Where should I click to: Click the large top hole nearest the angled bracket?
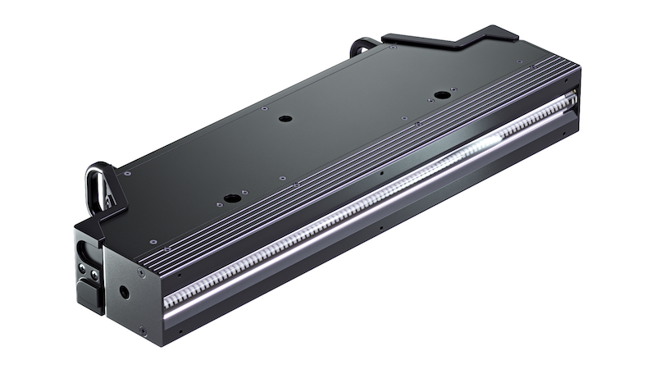point(442,95)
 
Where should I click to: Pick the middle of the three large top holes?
point(285,119)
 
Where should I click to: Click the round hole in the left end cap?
point(125,291)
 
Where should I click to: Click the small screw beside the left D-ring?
point(127,173)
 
